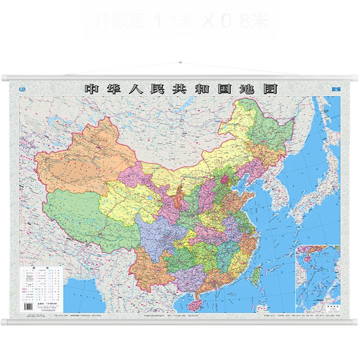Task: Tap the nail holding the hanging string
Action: click(x=180, y=62)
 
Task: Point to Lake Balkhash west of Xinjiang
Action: click(x=58, y=121)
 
